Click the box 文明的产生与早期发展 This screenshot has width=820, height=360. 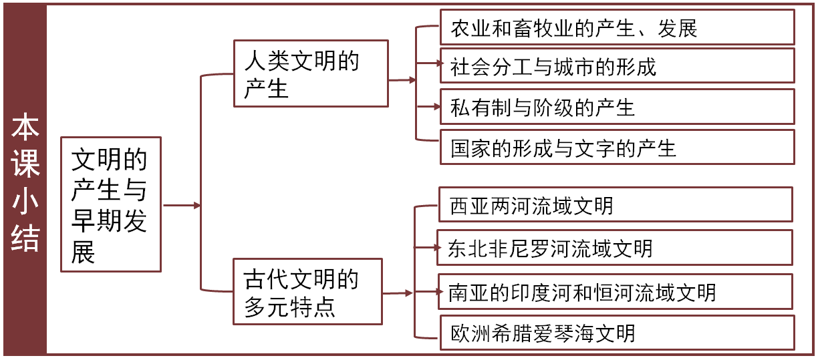pos(110,204)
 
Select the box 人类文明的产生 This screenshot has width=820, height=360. pos(311,73)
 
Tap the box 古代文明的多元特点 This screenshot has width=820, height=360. pos(307,292)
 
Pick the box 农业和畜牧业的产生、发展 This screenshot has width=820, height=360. pos(617,28)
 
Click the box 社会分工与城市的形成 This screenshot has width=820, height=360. pos(617,66)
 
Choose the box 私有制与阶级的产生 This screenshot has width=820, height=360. pos(617,107)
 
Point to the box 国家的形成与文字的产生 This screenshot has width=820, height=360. pos(617,147)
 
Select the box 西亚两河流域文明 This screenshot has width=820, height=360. pos(616,205)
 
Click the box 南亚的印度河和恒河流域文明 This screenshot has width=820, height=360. pos(616,291)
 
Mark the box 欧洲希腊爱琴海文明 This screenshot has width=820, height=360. pos(617,333)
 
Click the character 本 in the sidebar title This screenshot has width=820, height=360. pos(25,128)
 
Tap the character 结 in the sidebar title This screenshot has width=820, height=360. pos(25,238)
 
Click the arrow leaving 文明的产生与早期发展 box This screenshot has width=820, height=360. pos(181,205)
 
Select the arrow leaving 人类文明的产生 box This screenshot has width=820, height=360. pos(402,79)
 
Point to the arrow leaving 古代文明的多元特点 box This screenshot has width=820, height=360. pos(398,293)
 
